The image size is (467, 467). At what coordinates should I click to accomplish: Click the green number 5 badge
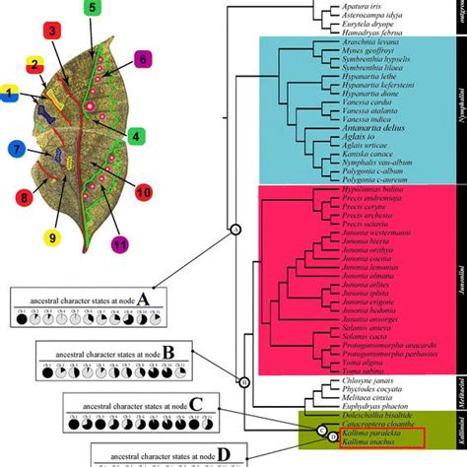[x=91, y=9]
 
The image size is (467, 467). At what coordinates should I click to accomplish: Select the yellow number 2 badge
[x=33, y=65]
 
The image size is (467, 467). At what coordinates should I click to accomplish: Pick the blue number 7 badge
[x=15, y=150]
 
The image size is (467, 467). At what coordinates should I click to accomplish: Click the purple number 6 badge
[x=142, y=59]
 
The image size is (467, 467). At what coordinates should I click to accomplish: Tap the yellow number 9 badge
[x=51, y=235]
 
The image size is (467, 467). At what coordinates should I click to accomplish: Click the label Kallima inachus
[x=366, y=444]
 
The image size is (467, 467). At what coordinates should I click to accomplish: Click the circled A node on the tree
[x=235, y=257]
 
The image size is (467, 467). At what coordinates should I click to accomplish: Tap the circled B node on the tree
[x=244, y=382]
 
